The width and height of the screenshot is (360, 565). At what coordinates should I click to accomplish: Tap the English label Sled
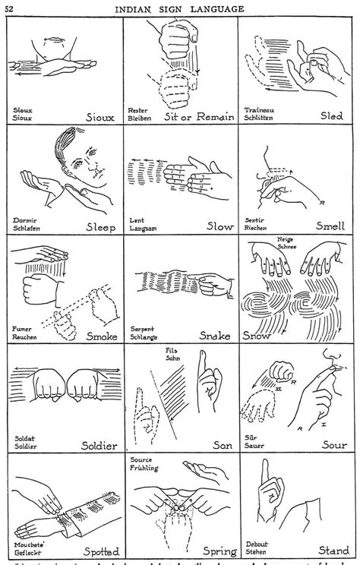[x=331, y=118]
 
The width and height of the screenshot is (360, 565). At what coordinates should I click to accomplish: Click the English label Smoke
[x=101, y=336]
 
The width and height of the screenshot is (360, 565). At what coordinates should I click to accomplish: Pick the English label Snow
[x=256, y=335]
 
